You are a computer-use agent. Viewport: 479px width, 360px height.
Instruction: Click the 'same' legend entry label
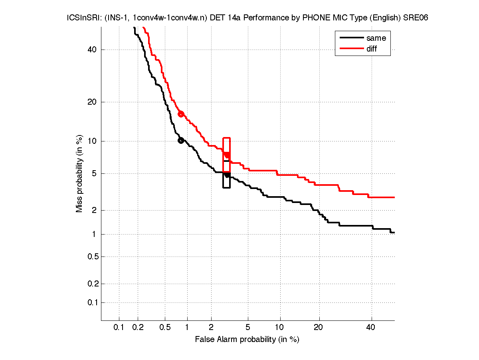coord(376,38)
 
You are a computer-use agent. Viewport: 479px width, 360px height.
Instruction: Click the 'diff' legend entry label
coord(372,49)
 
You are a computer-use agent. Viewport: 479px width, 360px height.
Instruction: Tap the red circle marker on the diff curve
coord(181,114)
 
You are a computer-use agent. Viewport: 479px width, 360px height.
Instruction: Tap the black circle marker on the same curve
coord(181,140)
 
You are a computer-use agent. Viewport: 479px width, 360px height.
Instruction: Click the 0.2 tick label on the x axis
coord(138,328)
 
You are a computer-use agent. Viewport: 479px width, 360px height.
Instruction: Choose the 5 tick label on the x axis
coord(248,328)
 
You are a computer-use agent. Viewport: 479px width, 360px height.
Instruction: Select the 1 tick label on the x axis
coord(187,328)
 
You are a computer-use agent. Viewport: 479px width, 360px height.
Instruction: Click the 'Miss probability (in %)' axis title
coord(80,173)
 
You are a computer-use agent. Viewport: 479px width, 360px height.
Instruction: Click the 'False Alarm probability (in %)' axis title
coord(247,340)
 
